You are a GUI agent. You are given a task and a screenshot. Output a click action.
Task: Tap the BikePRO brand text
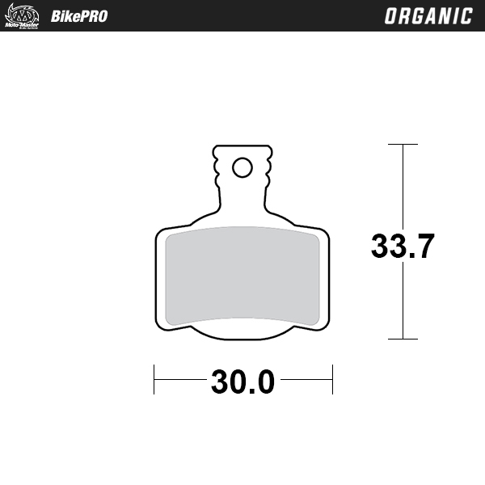coord(79,16)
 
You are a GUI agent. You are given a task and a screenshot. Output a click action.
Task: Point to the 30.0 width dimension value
coord(242,382)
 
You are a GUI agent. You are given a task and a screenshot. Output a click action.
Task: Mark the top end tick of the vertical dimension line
coord(403,145)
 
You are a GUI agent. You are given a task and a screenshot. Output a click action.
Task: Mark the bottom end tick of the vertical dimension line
coord(403,339)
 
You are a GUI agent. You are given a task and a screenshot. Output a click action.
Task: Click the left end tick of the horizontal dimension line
coord(154,378)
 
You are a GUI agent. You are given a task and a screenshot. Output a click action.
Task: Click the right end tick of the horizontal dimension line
coord(332,378)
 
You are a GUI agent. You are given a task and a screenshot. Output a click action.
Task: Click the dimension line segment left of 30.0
coord(180,378)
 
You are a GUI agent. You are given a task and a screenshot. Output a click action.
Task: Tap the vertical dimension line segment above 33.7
coord(403,186)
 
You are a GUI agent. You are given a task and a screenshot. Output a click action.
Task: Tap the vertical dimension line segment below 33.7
coord(403,303)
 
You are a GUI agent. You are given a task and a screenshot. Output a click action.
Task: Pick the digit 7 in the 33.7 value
coord(425,246)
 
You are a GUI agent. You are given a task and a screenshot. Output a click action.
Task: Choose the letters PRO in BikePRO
coord(92,16)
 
